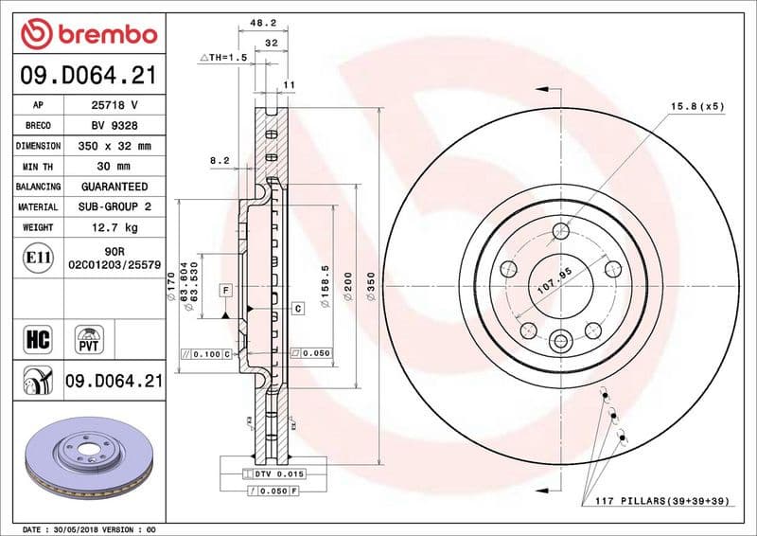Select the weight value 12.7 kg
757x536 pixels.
tap(114, 227)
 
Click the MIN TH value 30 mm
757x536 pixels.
tap(114, 166)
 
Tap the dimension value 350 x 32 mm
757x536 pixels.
tap(114, 146)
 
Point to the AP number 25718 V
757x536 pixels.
tap(114, 104)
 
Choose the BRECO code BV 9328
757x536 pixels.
tap(114, 125)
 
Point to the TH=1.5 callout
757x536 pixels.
tap(223, 59)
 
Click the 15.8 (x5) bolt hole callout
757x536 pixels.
tap(697, 106)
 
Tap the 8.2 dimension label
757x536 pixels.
tap(220, 162)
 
